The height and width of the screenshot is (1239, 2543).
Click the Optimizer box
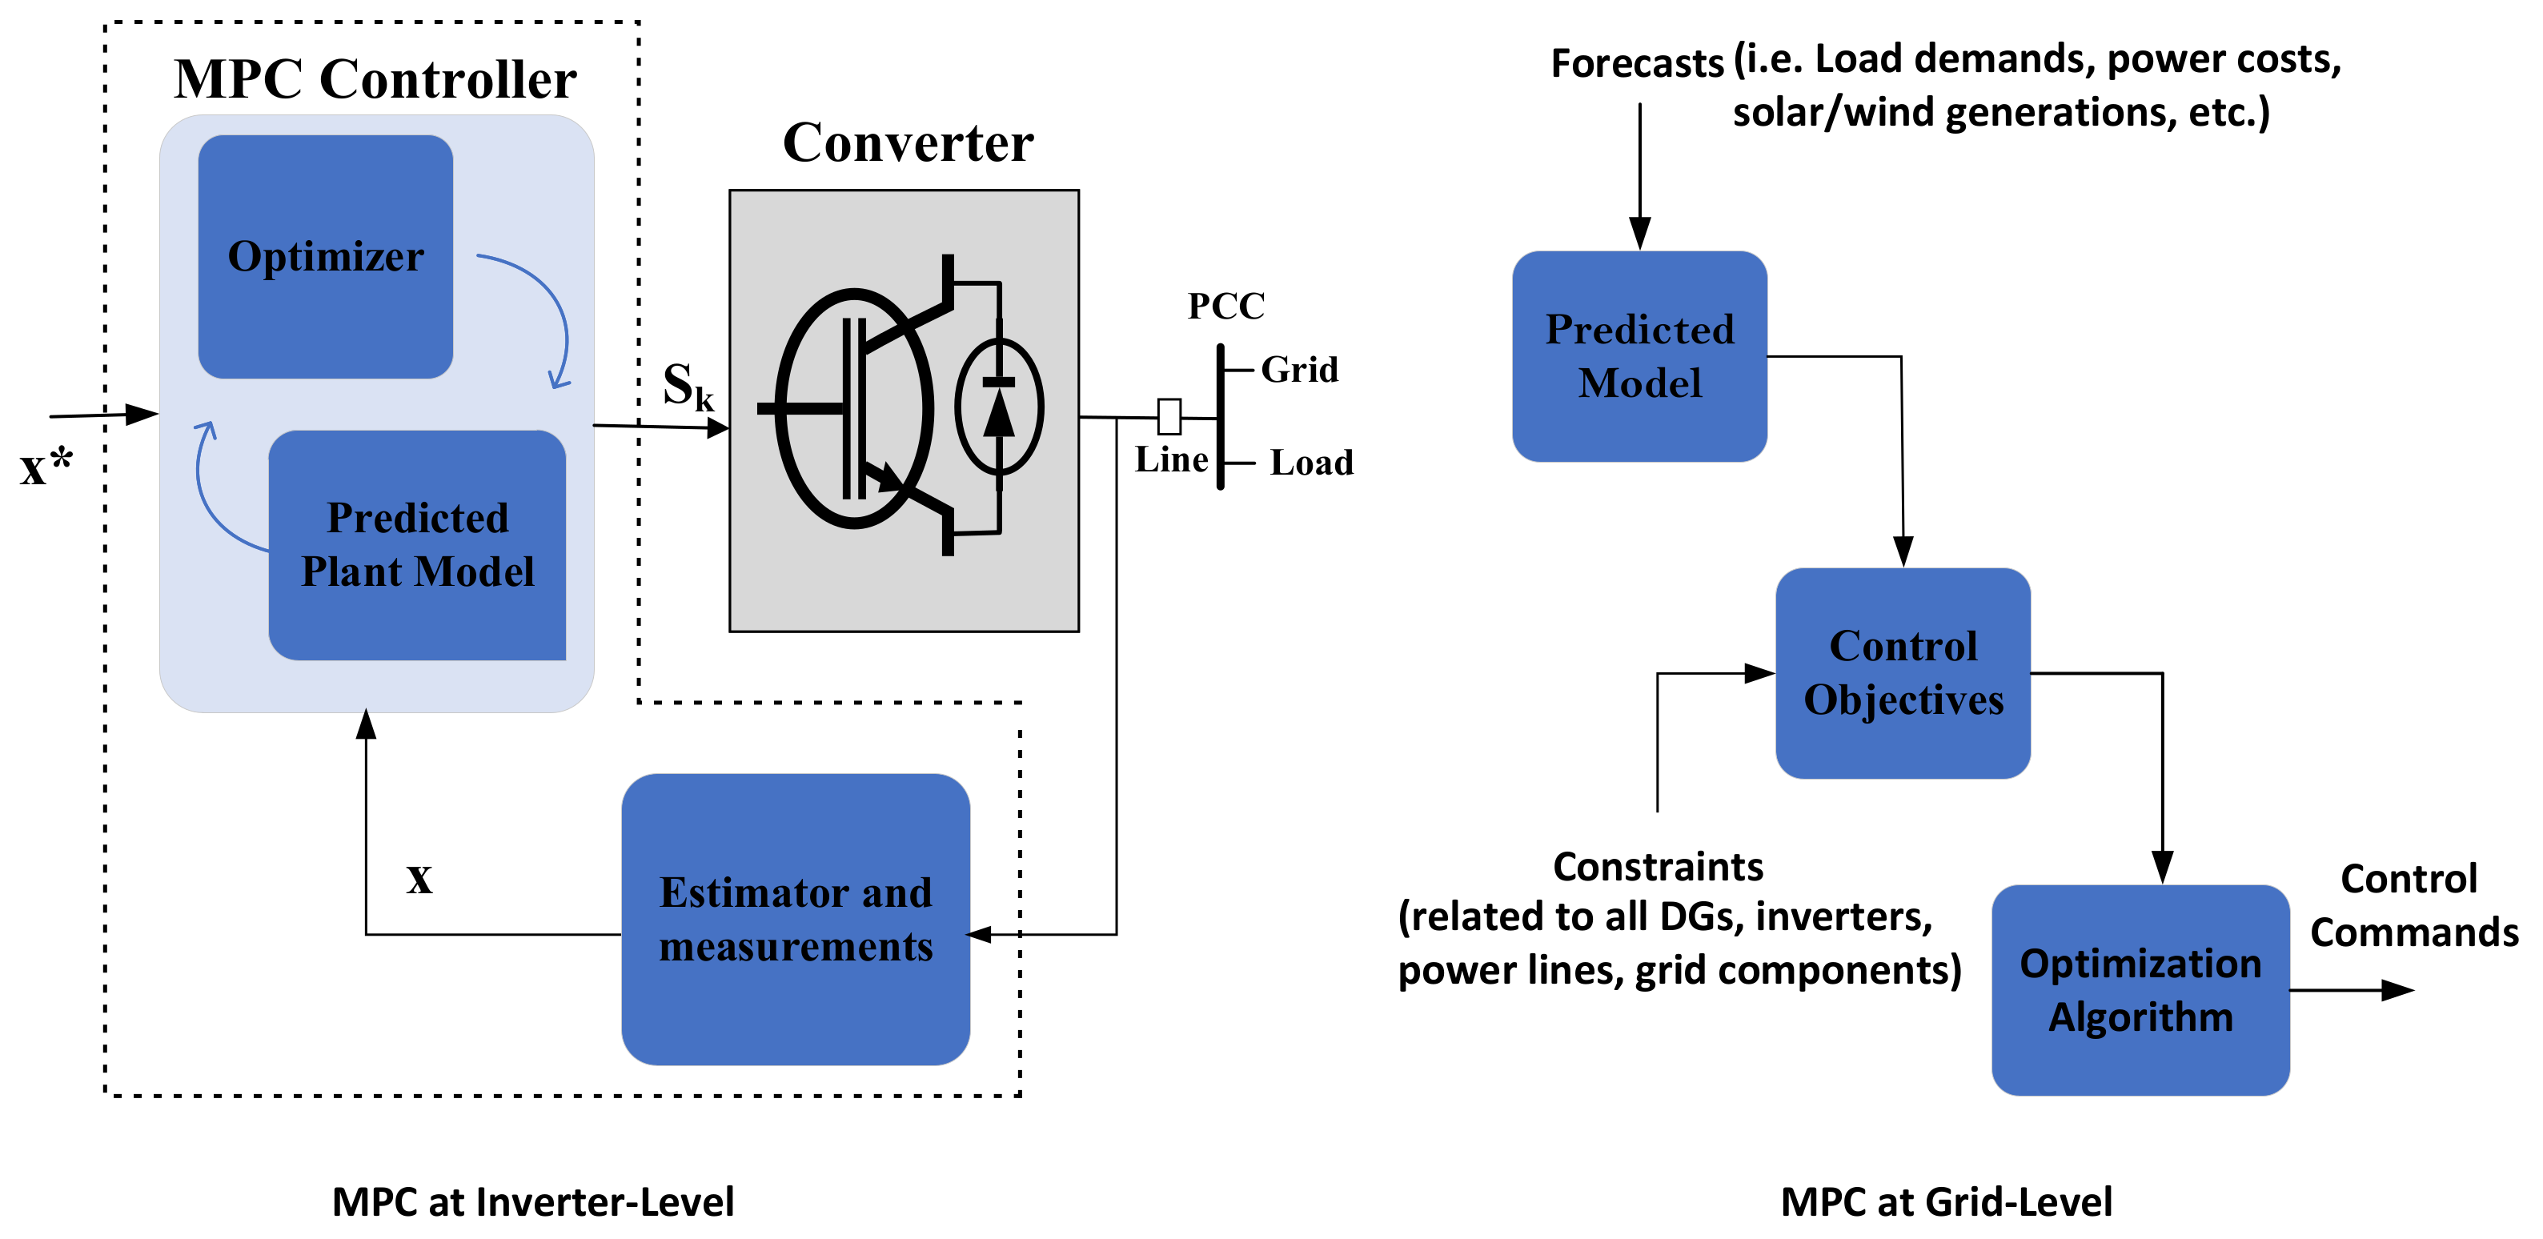click(x=325, y=257)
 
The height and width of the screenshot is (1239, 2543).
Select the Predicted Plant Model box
click(x=416, y=545)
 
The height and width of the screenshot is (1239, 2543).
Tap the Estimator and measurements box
click(x=795, y=919)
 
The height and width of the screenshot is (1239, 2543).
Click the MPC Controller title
click(x=375, y=79)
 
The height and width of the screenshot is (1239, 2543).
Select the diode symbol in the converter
click(x=999, y=407)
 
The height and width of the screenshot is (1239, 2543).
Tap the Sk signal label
click(x=687, y=386)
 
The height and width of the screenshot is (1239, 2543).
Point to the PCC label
click(x=1225, y=306)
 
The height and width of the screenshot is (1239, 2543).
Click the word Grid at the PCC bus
click(x=1299, y=371)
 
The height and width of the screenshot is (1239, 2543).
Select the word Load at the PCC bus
click(x=1311, y=462)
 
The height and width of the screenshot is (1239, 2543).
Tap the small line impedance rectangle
click(x=1169, y=417)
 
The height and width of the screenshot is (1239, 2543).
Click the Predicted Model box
click(x=1639, y=356)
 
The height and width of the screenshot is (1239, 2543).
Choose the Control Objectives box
click(x=1903, y=673)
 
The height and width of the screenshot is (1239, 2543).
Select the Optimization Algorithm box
click(x=2140, y=990)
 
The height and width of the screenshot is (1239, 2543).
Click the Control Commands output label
click(x=2413, y=905)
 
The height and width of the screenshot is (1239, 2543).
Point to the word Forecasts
click(x=1636, y=63)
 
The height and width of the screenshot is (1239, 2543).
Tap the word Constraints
click(x=1658, y=867)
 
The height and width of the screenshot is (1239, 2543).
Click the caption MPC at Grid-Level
click(x=1946, y=1202)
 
